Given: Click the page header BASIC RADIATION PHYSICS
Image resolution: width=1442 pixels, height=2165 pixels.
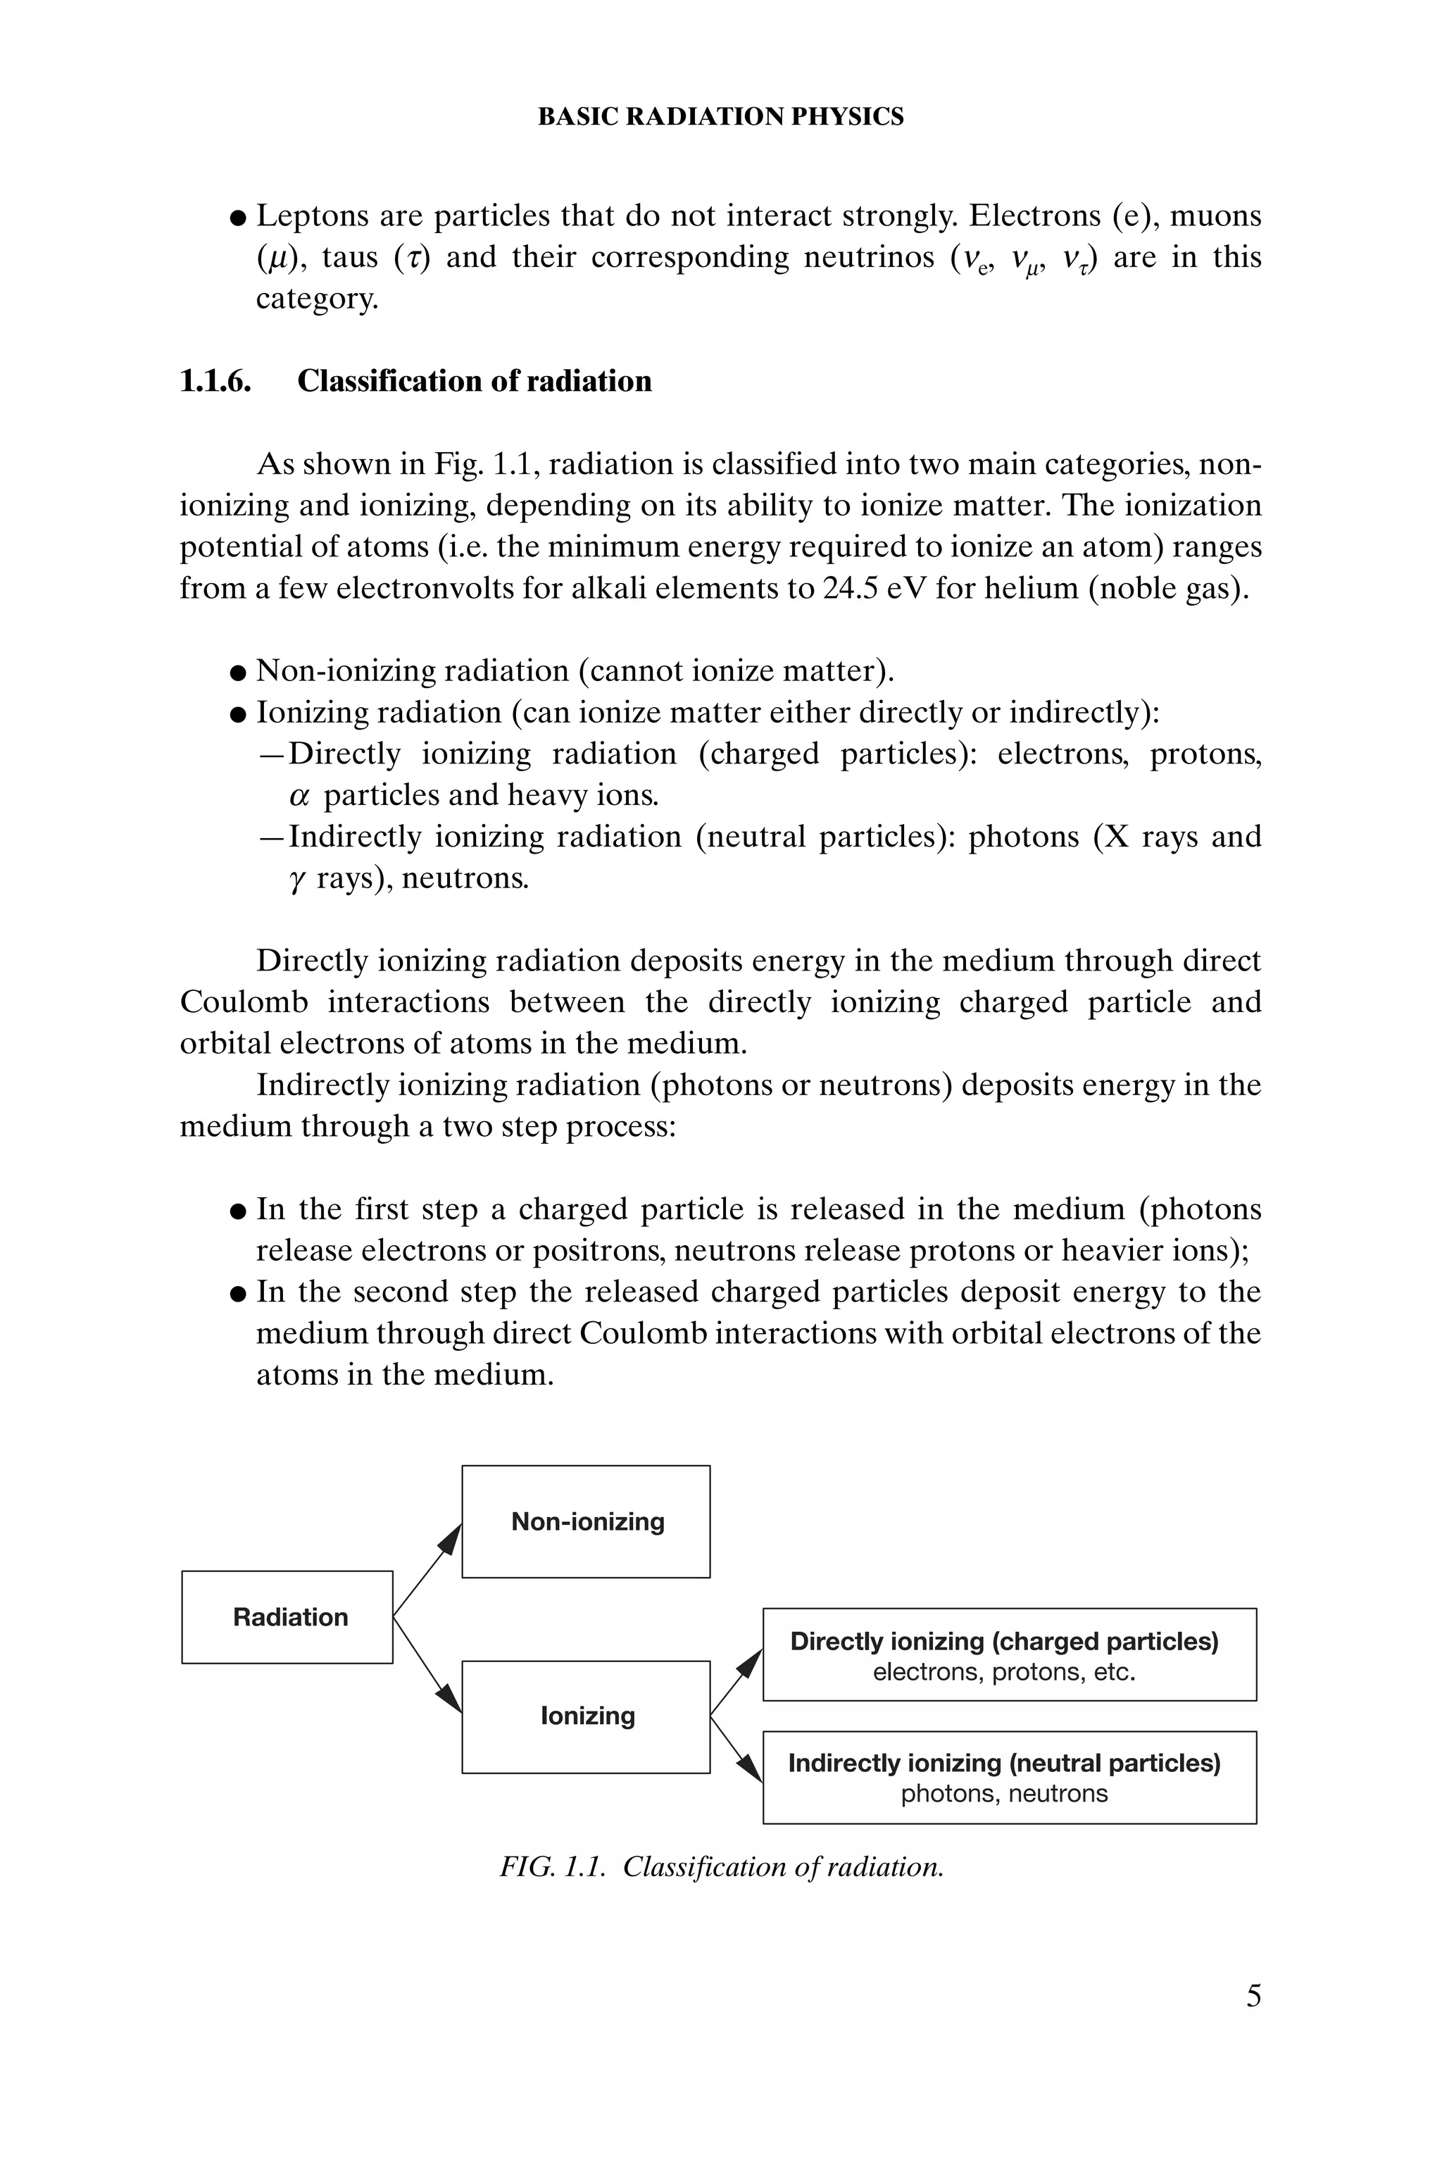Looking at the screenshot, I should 720,117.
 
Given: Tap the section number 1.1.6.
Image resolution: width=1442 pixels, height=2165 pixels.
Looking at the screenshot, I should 215,381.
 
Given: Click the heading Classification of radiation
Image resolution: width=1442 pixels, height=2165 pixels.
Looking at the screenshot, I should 474,381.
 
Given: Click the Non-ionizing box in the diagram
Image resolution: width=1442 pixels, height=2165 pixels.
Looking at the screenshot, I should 586,1521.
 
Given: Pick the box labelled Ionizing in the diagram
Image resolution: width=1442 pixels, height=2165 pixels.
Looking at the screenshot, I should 586,1716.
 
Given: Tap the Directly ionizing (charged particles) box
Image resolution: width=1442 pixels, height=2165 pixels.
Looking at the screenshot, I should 1009,1654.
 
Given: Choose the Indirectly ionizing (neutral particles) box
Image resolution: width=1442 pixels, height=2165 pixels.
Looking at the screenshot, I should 1009,1777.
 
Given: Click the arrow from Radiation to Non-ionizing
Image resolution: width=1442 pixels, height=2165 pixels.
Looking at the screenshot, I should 427,1569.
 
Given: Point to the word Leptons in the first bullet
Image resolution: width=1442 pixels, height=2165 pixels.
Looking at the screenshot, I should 312,216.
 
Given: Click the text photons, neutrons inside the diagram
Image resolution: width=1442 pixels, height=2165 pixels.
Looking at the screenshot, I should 1004,1792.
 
